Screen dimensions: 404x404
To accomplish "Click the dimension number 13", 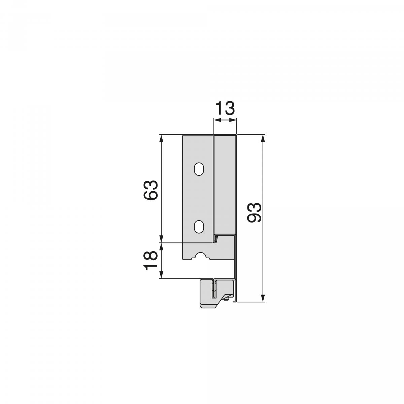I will (x=225, y=109).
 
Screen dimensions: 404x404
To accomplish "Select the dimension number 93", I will (x=254, y=213).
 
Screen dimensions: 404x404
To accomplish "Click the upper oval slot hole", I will (x=199, y=169).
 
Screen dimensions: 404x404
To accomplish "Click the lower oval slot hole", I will (x=199, y=227).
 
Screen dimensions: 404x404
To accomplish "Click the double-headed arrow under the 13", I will (x=225, y=121).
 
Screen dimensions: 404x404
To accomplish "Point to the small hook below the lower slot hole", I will (x=216, y=239).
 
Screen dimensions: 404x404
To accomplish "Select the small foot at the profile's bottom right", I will (x=236, y=301).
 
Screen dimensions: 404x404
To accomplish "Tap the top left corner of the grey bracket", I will (x=183, y=136).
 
